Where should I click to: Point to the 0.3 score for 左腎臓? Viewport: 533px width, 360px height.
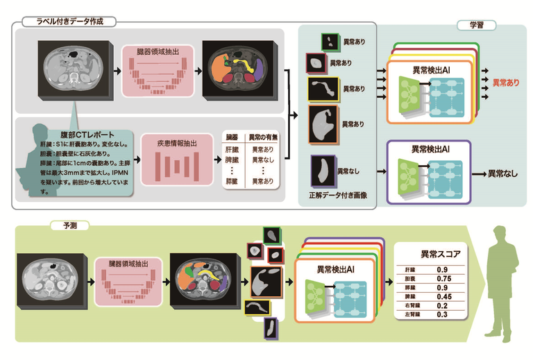[x=443, y=314]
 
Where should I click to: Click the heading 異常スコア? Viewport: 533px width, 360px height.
[x=430, y=254]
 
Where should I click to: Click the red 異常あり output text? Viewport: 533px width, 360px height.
[x=506, y=83]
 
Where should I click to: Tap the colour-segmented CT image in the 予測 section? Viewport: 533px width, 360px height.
[x=203, y=280]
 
